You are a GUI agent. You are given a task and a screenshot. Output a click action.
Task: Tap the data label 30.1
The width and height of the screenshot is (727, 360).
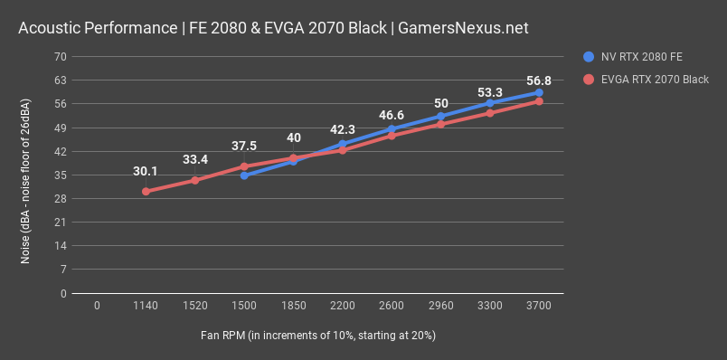click(x=146, y=171)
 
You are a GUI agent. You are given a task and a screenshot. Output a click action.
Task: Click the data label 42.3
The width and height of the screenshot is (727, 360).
click(x=342, y=129)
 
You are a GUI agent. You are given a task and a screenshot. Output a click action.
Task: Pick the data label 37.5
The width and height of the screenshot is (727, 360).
click(x=244, y=146)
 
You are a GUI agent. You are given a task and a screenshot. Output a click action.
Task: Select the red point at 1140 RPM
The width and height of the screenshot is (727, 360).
click(x=146, y=192)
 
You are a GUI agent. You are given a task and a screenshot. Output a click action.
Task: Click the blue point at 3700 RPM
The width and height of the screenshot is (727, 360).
click(x=539, y=92)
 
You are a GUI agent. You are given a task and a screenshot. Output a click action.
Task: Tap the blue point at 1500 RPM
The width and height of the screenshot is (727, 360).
click(x=244, y=175)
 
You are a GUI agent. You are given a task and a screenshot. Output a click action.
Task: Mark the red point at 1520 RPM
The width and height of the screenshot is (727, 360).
click(x=194, y=180)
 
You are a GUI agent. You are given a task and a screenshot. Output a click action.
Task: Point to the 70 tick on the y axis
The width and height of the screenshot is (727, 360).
click(x=61, y=56)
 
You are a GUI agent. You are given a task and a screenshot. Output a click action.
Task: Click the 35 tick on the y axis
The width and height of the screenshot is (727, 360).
click(x=61, y=175)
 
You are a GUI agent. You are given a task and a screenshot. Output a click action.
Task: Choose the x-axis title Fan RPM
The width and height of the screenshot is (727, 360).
click(x=318, y=336)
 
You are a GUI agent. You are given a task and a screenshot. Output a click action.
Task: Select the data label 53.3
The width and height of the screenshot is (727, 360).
click(x=489, y=93)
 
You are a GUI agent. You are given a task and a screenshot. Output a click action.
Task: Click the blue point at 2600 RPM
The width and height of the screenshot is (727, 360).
click(x=391, y=129)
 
